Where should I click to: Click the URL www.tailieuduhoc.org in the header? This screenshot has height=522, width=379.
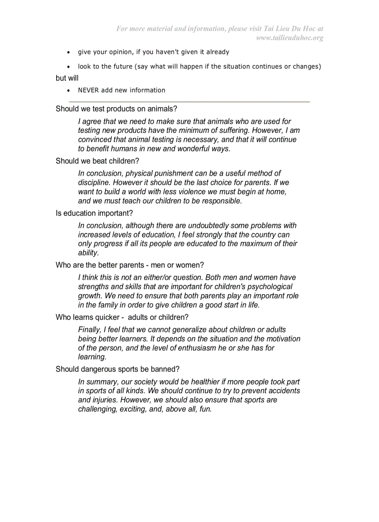(289, 38)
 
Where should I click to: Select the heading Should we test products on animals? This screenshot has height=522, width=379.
(116, 109)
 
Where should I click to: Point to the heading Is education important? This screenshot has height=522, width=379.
(94, 213)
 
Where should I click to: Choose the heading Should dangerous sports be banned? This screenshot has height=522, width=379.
(118, 369)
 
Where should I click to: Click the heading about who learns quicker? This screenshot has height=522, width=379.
(122, 317)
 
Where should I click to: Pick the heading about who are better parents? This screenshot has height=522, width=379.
(130, 265)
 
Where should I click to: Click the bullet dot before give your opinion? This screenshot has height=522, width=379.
(69, 53)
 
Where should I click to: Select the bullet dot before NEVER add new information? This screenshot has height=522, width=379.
(69, 91)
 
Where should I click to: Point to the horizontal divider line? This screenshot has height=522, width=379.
(189, 101)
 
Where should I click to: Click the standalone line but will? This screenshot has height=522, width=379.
(67, 78)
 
